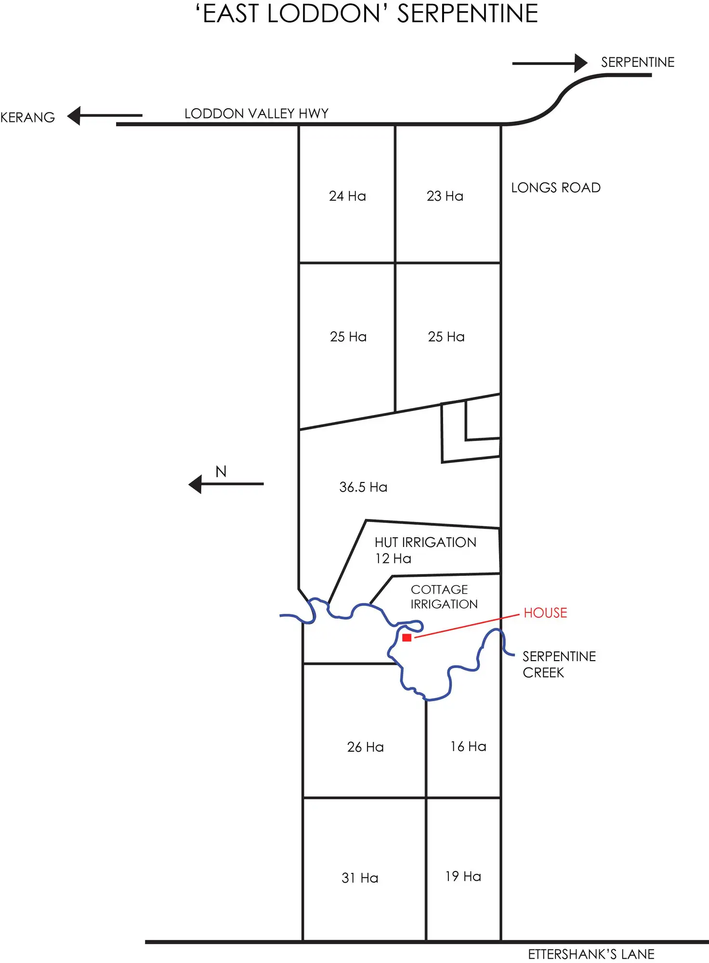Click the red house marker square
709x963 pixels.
[407, 638]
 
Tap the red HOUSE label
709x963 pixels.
[545, 613]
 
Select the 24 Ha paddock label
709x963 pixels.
[347, 196]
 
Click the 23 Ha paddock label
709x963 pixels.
[445, 196]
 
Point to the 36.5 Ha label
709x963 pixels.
[363, 487]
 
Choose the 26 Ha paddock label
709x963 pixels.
[365, 747]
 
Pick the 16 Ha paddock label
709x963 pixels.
[468, 746]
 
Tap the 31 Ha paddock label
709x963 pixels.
[360, 878]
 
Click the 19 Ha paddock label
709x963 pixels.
[463, 876]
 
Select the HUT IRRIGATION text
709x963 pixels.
[425, 543]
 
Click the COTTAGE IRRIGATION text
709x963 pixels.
[444, 597]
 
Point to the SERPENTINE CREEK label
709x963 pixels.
[559, 664]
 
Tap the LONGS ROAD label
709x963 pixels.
[555, 188]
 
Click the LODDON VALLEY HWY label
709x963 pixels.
[256, 114]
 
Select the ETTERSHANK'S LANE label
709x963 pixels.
[591, 954]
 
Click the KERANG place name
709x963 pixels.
[27, 117]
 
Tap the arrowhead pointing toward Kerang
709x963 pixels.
[74, 116]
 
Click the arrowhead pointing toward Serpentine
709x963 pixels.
[581, 63]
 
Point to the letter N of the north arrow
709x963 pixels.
[221, 471]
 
